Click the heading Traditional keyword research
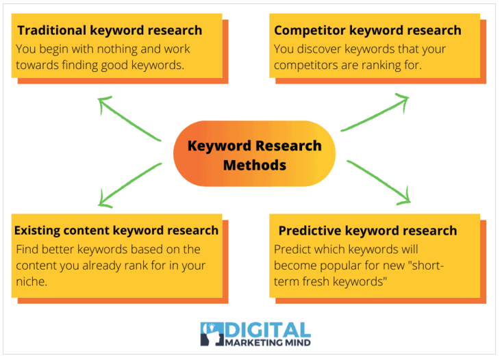pyautogui.click(x=110, y=30)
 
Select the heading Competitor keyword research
pyautogui.click(x=367, y=30)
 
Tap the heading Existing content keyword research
pyautogui.click(x=116, y=231)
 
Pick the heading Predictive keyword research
pyautogui.click(x=367, y=231)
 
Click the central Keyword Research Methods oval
pyautogui.click(x=254, y=155)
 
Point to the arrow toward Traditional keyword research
pyautogui.click(x=129, y=119)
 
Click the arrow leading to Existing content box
pyautogui.click(x=129, y=184)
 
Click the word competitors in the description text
pyautogui.click(x=304, y=66)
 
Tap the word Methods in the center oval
pyautogui.click(x=254, y=165)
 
